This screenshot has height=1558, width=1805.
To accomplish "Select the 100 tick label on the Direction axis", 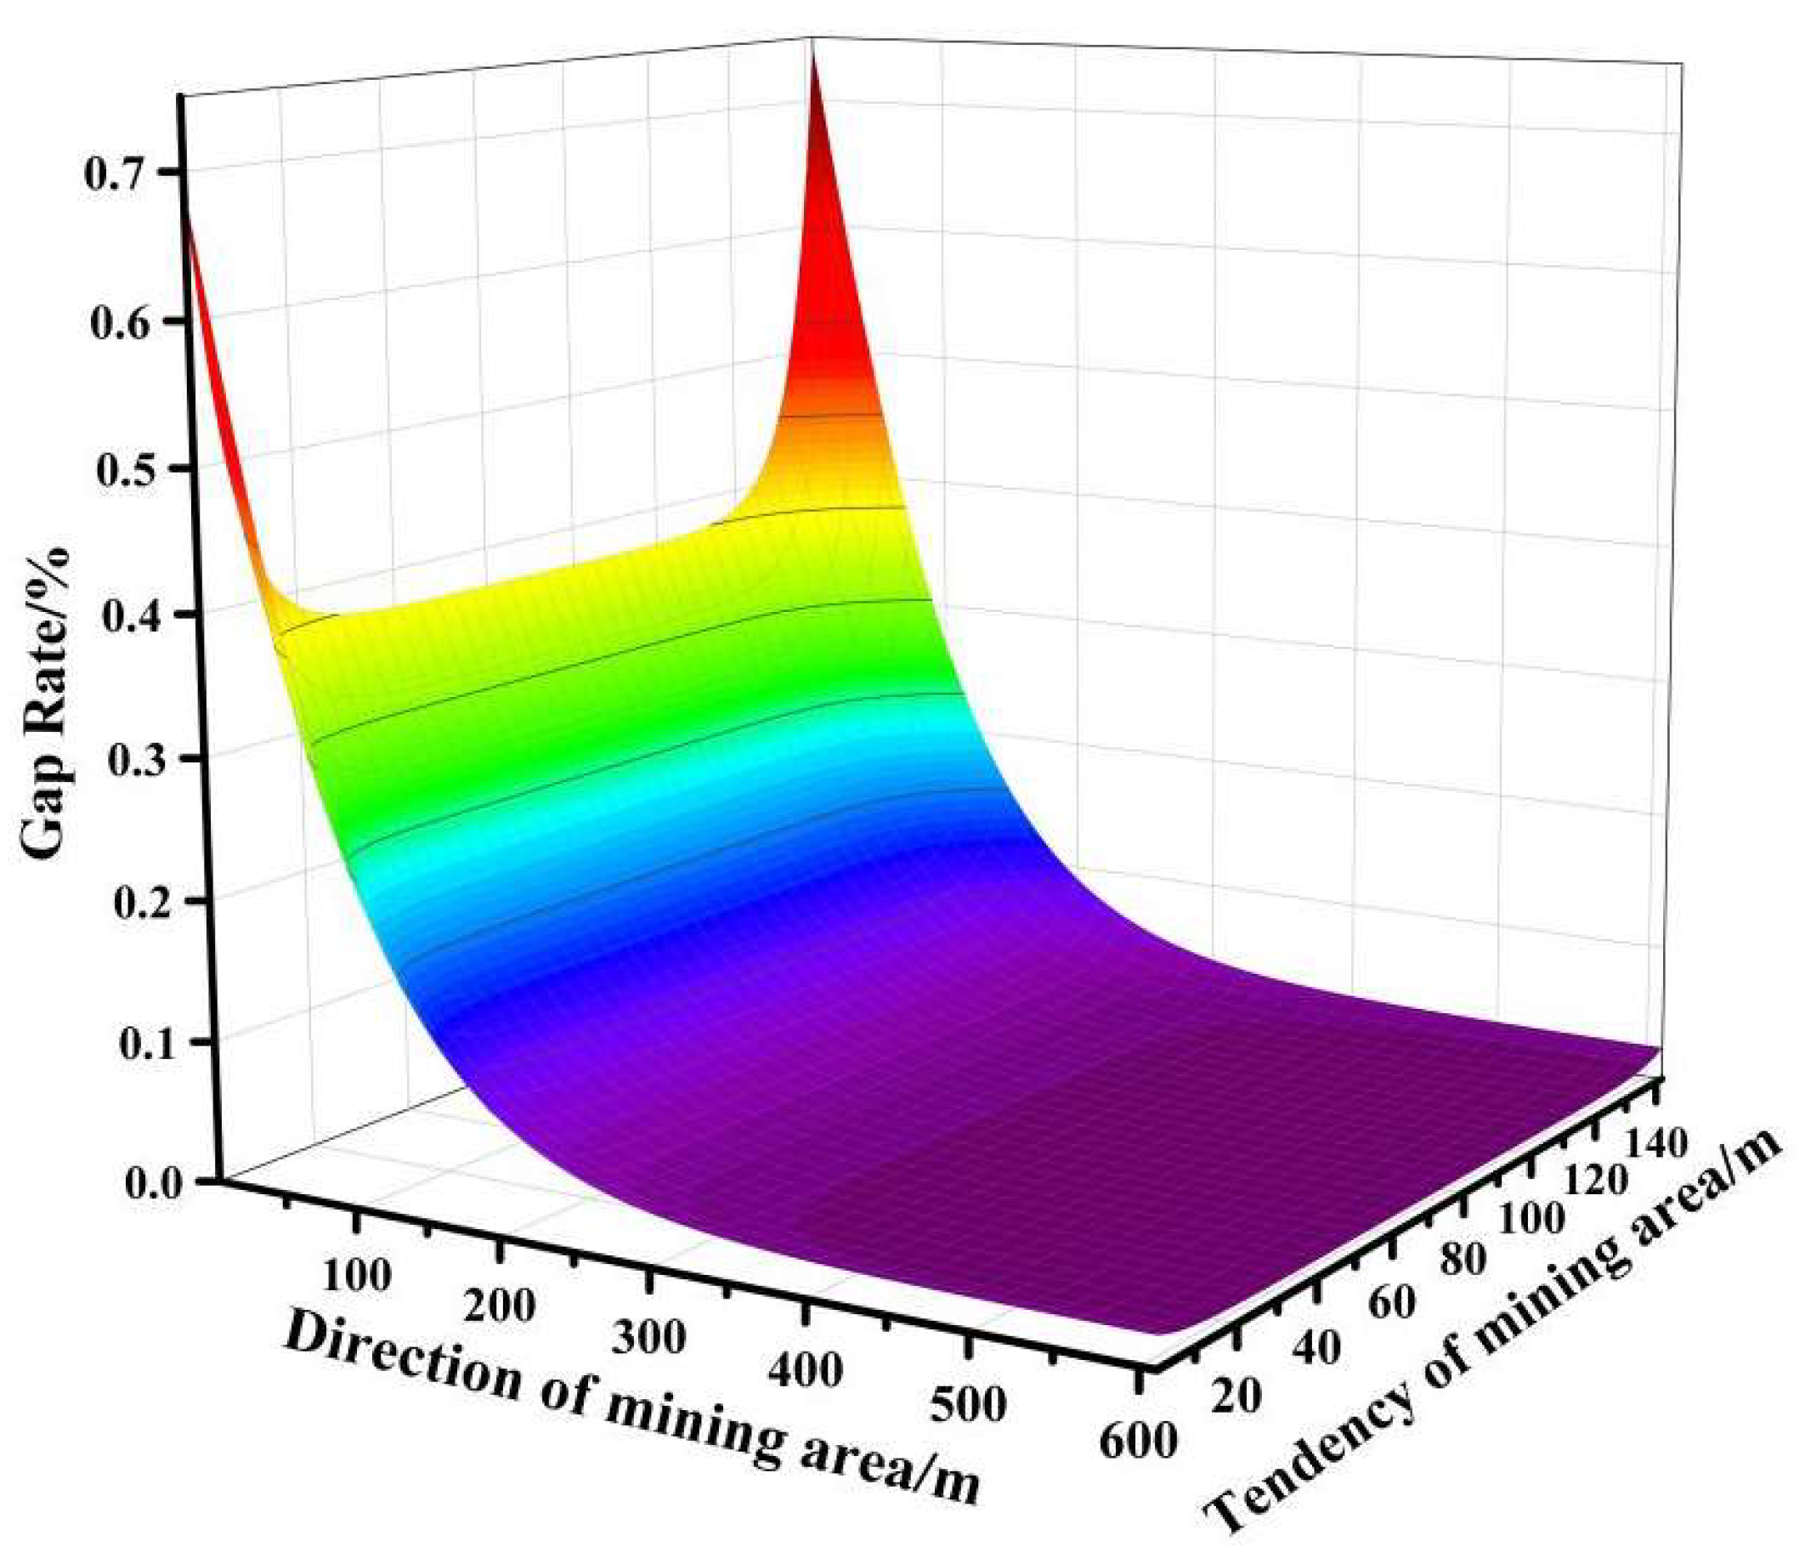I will pyautogui.click(x=356, y=1274).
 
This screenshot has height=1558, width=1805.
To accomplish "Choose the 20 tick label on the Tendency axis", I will pyautogui.click(x=1236, y=1397).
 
